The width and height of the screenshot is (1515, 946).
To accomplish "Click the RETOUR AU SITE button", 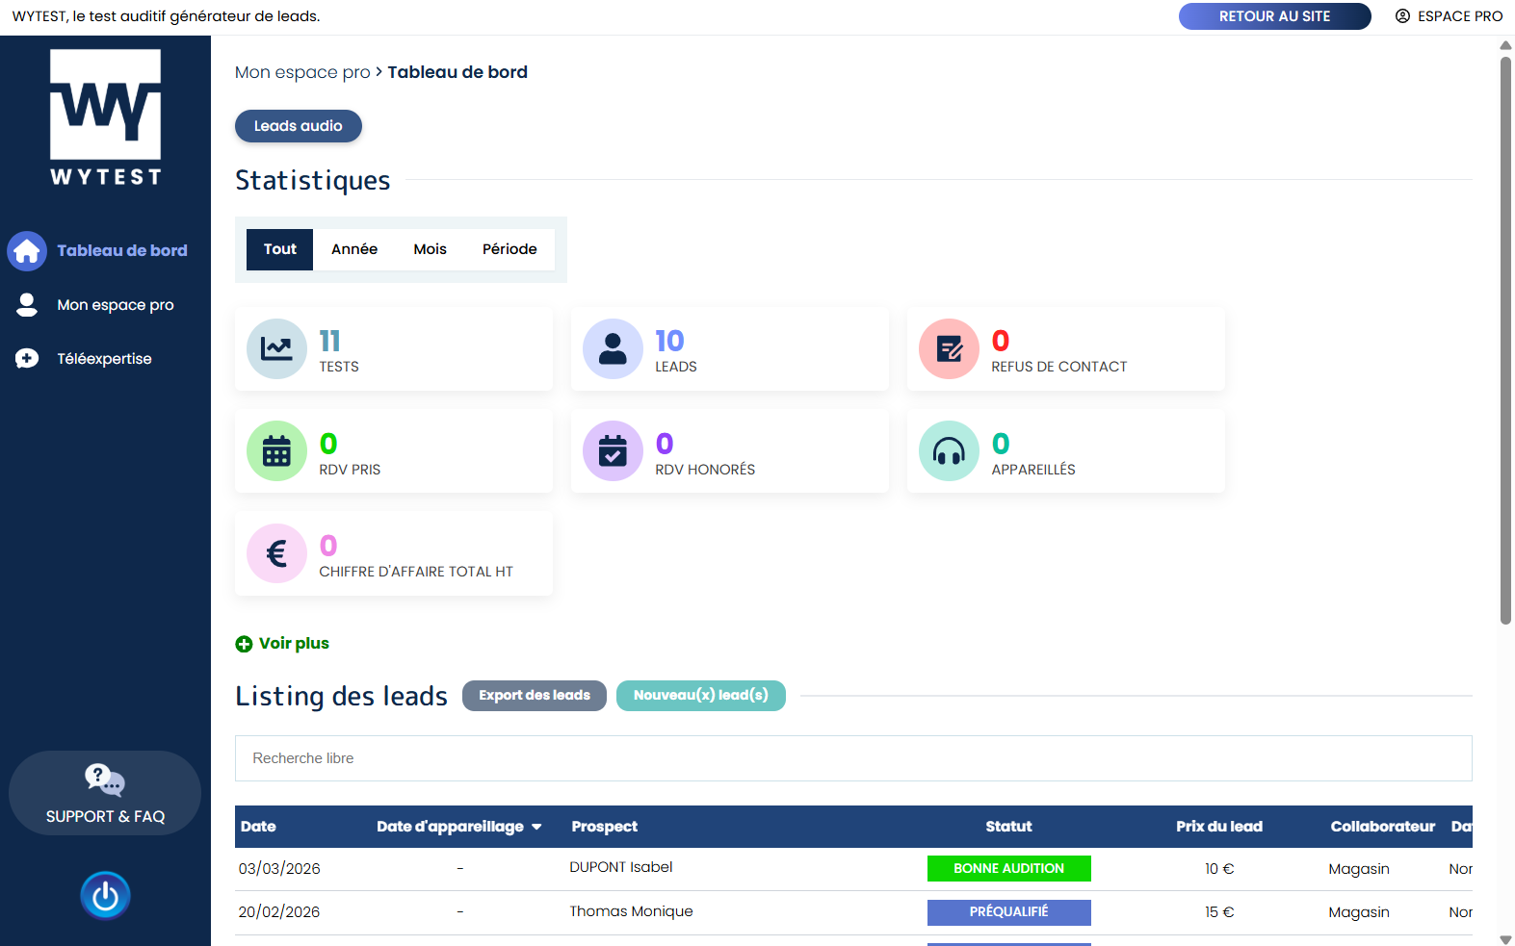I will (x=1274, y=16).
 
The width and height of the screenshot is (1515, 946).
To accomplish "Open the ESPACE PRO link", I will (x=1450, y=16).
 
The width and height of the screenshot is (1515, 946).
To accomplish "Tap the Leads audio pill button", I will (x=299, y=126).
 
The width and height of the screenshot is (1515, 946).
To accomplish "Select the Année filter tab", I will (x=354, y=249).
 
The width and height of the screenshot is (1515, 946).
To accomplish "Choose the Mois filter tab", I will (x=430, y=249).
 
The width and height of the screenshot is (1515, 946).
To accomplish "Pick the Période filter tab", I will (x=509, y=249).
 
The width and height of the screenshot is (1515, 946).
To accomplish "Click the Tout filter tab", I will (x=280, y=249).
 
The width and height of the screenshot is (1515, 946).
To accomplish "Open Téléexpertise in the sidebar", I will (x=104, y=359).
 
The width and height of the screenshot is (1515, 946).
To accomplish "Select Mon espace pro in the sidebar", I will (x=115, y=305).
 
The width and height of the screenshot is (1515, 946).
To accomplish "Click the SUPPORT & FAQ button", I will (x=105, y=793).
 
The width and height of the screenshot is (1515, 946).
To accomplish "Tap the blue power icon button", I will (x=105, y=896).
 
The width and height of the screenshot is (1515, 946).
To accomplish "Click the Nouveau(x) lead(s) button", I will (x=700, y=696).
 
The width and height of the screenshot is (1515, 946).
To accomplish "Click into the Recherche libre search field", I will (x=852, y=758).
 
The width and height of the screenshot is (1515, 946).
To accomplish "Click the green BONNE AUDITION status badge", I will (x=1008, y=868).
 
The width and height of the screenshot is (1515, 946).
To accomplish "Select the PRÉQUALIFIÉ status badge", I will (x=1008, y=911).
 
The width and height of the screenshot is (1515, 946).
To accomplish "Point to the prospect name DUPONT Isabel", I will (x=621, y=867).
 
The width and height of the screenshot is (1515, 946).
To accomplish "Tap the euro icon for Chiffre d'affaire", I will (x=276, y=553).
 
